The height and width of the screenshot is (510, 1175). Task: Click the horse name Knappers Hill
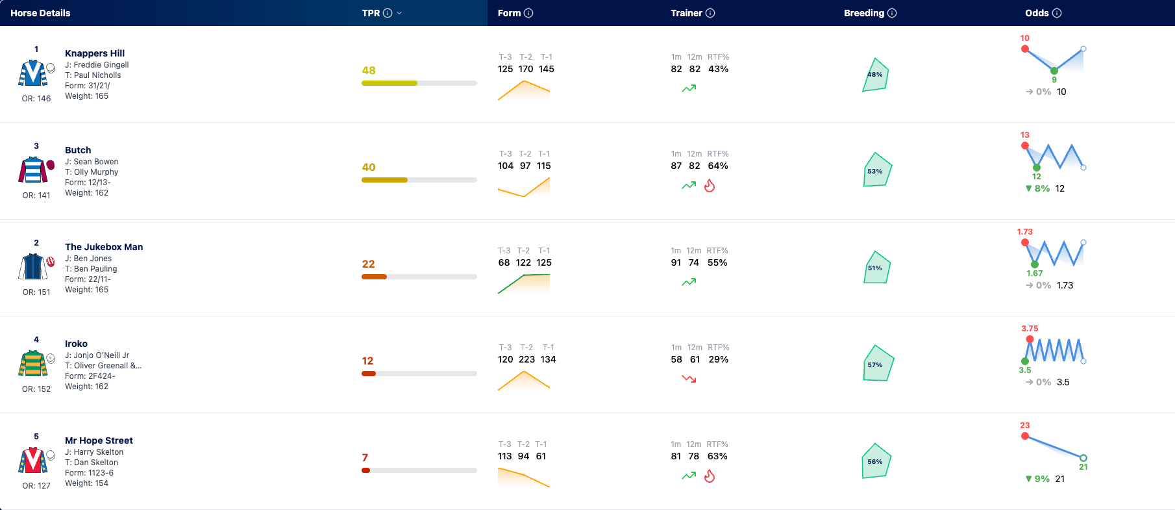point(95,53)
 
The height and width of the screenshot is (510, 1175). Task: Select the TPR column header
point(371,13)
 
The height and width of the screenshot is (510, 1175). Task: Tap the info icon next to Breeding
point(892,13)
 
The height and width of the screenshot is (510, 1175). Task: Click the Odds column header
point(1037,13)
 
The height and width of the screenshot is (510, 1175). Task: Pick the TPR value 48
point(369,70)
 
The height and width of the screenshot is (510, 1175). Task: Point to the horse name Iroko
point(76,344)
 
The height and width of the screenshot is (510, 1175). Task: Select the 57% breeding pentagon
point(878,363)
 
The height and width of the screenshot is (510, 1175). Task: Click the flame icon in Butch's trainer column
point(710,186)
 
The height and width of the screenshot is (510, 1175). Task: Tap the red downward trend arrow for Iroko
point(689,379)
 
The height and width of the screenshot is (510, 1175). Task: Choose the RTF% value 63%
point(717,456)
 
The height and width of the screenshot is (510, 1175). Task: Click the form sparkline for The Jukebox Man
point(524,284)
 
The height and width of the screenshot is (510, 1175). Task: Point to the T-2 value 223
point(526,359)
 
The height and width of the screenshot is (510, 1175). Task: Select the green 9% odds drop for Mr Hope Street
point(1037,479)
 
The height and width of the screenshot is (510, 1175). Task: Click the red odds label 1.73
point(1024,232)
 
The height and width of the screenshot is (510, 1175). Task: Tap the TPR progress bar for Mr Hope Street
point(419,470)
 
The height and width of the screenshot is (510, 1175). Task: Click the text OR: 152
point(36,389)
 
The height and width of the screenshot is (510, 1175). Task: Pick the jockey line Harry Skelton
point(94,452)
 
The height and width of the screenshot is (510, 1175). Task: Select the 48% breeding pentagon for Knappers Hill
point(875,75)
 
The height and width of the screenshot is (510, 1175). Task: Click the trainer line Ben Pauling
point(91,269)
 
